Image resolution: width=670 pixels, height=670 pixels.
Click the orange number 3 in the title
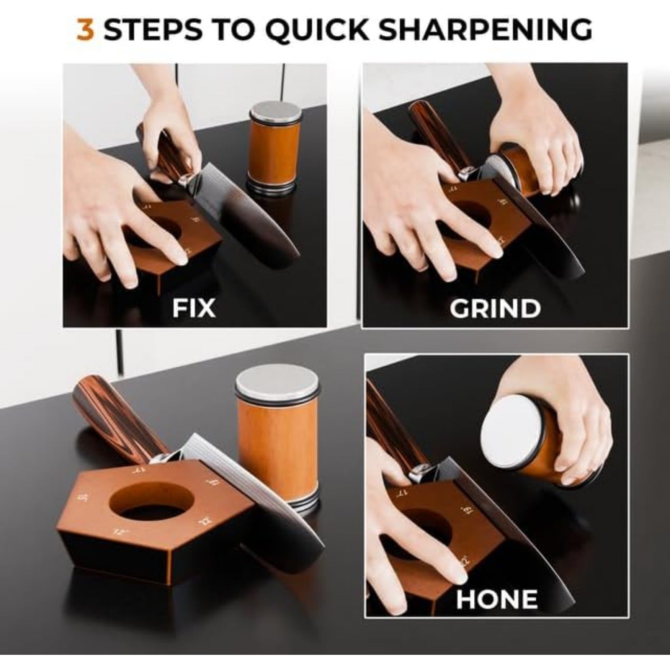coord(85,29)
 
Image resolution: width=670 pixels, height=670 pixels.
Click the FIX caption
coord(194,308)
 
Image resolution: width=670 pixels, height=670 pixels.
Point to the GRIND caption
coord(495,308)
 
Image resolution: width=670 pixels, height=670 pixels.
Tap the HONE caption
coord(496,599)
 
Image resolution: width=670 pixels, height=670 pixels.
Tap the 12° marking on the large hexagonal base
coord(119,532)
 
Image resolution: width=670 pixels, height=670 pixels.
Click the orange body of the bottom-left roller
coord(278,447)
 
